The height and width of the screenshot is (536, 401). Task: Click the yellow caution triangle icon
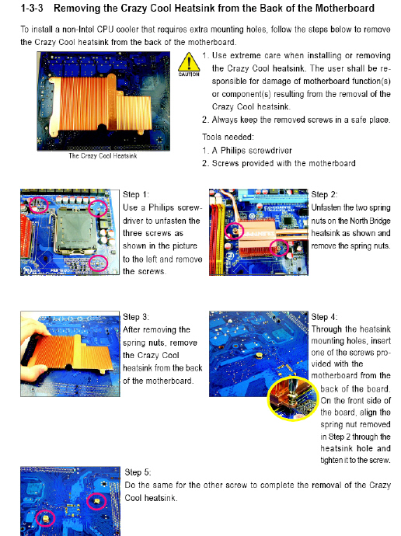(189, 62)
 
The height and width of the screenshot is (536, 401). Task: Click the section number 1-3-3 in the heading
(32, 8)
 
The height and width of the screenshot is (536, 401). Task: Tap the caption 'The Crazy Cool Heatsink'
(103, 156)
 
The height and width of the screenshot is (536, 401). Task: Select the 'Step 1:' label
(136, 194)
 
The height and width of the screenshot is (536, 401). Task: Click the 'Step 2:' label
(324, 194)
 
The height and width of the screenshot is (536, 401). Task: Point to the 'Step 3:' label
(136, 317)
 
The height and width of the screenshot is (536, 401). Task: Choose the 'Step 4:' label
(324, 317)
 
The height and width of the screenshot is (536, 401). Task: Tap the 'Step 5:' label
(138, 472)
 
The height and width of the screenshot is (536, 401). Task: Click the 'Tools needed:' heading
(228, 137)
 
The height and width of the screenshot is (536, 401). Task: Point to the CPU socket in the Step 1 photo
(74, 230)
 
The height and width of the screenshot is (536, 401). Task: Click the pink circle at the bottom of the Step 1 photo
(98, 263)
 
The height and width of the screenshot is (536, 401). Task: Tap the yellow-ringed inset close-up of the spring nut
(293, 399)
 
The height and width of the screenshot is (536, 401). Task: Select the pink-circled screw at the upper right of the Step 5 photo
(96, 502)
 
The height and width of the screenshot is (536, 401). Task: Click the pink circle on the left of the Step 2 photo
(234, 231)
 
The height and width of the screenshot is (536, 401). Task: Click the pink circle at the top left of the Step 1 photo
(39, 205)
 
